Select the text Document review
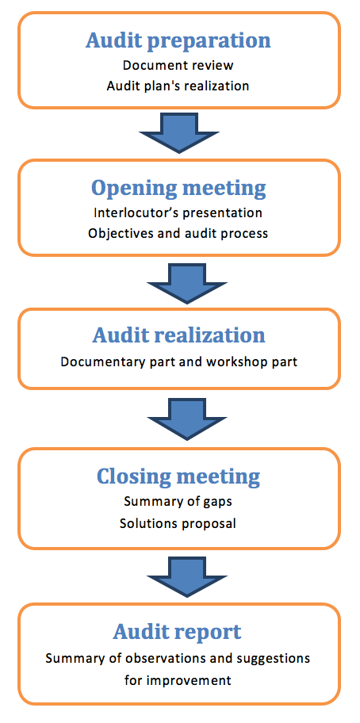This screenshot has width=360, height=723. tap(178, 65)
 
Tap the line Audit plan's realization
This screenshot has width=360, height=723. tap(178, 86)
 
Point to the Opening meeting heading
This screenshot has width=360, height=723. tap(178, 188)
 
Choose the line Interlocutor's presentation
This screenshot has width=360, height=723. tap(178, 212)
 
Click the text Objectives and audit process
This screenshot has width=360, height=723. tap(178, 233)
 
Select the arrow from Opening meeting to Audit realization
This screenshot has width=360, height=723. tap(186, 283)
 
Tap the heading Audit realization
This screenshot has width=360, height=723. tap(179, 335)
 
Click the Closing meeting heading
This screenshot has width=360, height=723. tap(178, 477)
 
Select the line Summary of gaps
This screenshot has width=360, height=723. tap(178, 502)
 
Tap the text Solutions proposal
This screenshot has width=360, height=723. tap(178, 523)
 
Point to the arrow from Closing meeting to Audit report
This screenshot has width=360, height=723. tap(186, 577)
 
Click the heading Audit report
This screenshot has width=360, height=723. tap(178, 632)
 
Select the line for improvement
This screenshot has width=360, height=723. tap(178, 680)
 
